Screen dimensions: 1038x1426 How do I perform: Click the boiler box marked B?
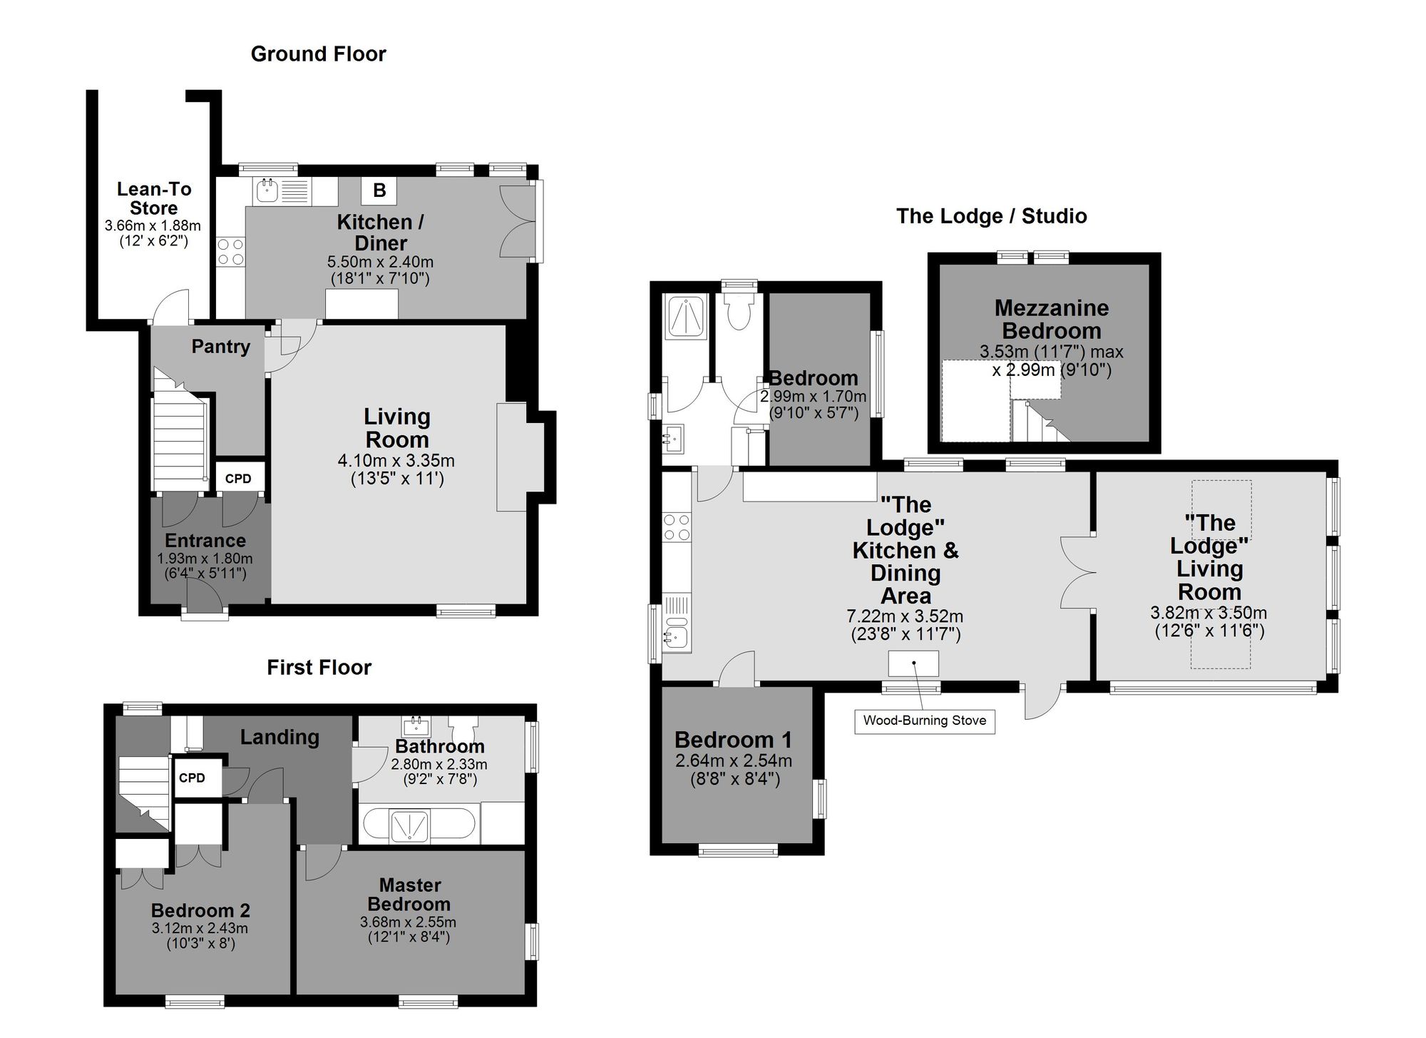(x=379, y=190)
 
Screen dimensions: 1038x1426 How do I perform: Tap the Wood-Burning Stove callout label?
(x=924, y=721)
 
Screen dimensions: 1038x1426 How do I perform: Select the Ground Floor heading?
(x=318, y=54)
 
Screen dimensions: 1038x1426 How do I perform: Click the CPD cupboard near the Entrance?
(x=238, y=479)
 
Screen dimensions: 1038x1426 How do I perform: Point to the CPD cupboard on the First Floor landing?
(x=192, y=778)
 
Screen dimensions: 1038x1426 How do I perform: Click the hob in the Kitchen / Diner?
(x=230, y=251)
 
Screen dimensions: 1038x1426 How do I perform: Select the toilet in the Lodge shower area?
(x=739, y=312)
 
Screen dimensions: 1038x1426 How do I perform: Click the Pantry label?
(x=220, y=347)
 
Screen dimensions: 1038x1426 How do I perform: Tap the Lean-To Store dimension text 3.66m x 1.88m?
(x=153, y=226)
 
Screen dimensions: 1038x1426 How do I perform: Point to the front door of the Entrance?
(x=205, y=594)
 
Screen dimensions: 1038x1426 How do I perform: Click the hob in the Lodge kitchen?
(x=677, y=527)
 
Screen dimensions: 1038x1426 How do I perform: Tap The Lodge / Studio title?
(x=991, y=216)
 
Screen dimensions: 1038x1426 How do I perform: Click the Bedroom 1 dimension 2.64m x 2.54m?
(x=734, y=761)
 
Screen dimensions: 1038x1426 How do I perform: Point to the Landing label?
(x=279, y=738)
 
